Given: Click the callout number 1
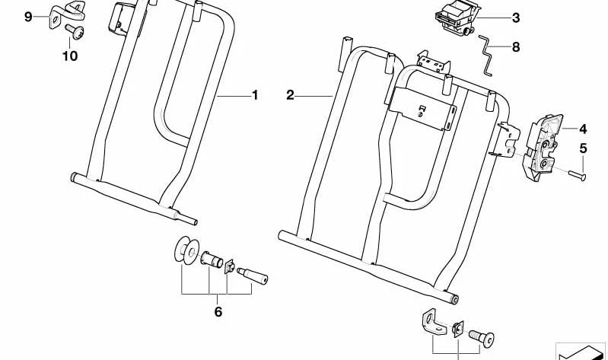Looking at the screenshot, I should [x=255, y=95].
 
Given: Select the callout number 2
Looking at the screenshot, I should [x=290, y=95].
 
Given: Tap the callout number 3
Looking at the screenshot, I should [x=516, y=18].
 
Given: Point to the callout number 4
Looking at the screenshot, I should [x=583, y=129].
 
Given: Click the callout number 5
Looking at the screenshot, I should [x=583, y=148].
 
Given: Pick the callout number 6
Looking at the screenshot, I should [x=218, y=312].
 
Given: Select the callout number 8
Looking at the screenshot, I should [x=516, y=46].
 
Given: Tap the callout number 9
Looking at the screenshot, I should [x=28, y=16].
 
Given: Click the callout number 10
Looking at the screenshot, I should [x=70, y=56].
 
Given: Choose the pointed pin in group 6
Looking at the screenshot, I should [x=252, y=275].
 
